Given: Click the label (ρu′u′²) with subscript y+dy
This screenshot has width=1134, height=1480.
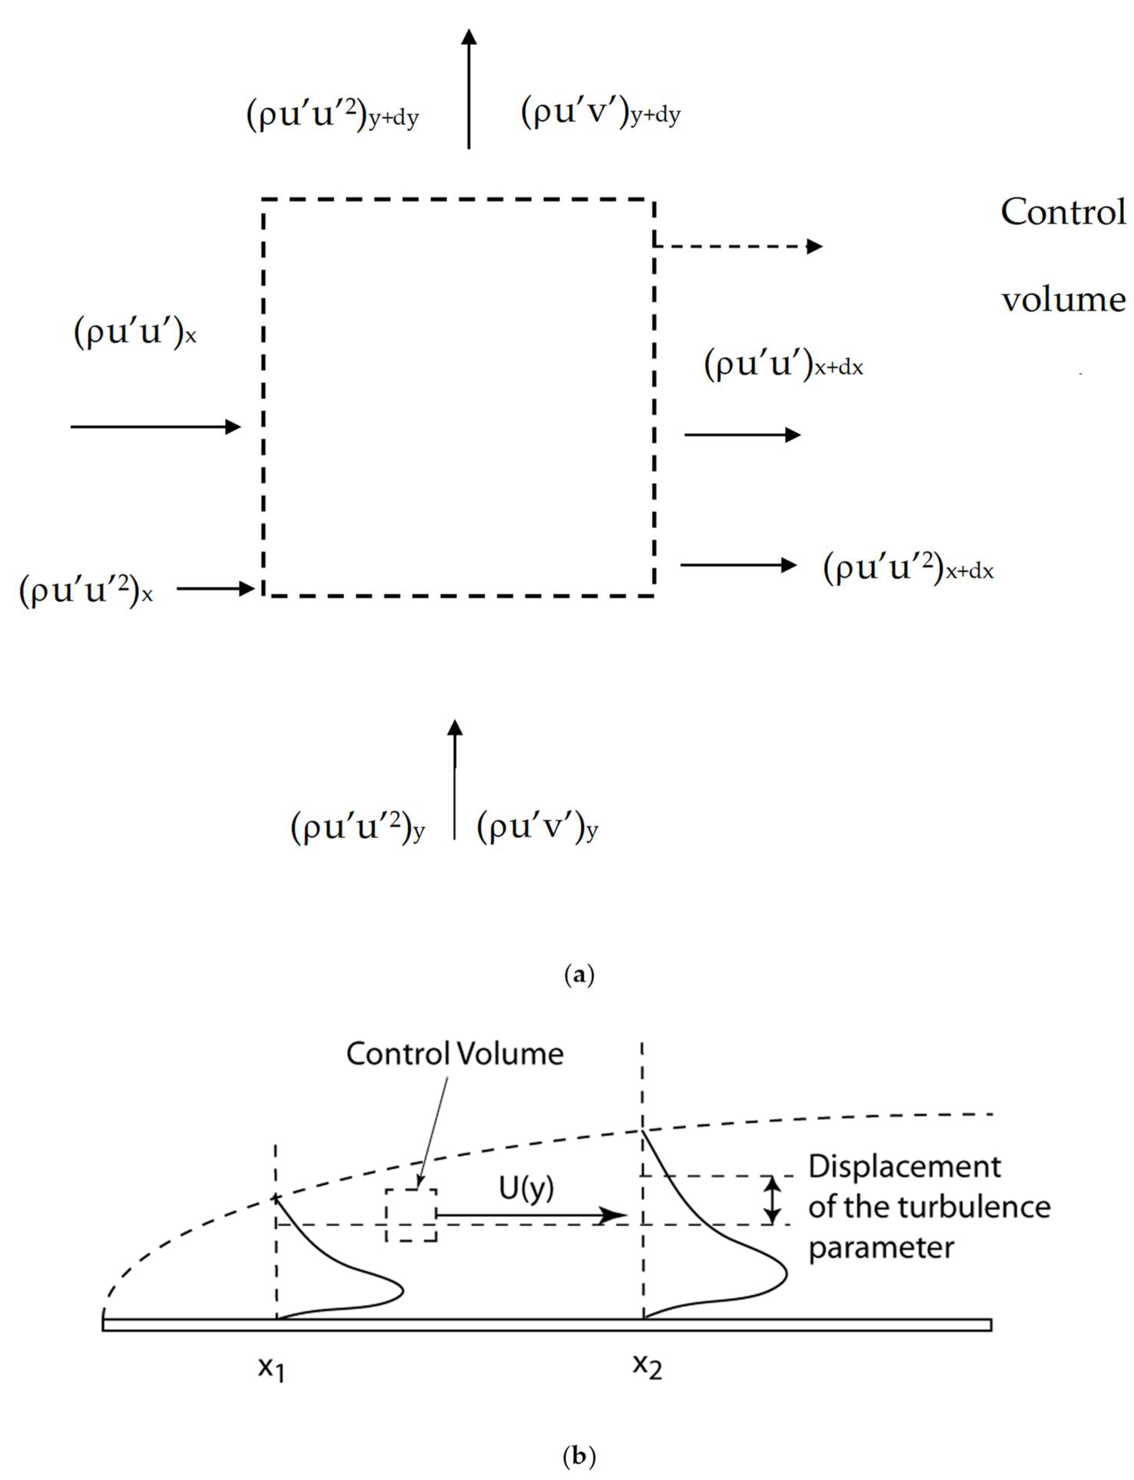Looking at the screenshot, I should pyautogui.click(x=332, y=116).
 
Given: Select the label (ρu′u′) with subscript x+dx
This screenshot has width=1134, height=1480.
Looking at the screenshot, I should pyautogui.click(x=783, y=365).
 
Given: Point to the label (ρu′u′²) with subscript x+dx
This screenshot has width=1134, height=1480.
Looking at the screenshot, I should pyautogui.click(x=908, y=569).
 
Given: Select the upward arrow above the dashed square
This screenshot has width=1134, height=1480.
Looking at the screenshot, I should pyautogui.click(x=468, y=88).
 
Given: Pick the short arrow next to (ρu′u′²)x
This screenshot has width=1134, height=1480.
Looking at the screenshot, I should pyautogui.click(x=215, y=589).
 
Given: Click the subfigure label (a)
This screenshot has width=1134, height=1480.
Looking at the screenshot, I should pyautogui.click(x=579, y=975).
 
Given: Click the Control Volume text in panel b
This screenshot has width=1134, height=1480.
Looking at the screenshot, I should pyautogui.click(x=454, y=1054).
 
